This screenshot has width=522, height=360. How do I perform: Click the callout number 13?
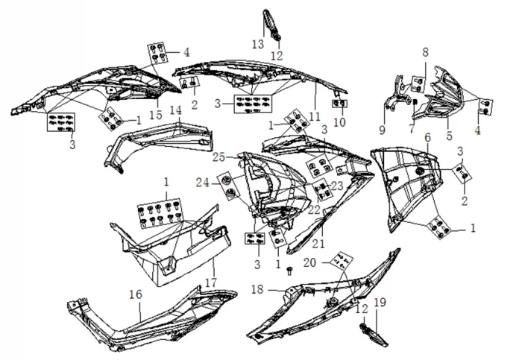tap(257, 45)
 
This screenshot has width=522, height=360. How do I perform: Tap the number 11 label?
tap(315, 116)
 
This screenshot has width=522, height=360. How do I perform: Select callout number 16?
tap(135, 295)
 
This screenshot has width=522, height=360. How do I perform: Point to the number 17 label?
tap(210, 282)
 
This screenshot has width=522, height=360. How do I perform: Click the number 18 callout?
tap(256, 288)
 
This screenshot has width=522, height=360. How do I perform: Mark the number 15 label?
tap(155, 116)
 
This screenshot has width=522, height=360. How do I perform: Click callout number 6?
tap(427, 139)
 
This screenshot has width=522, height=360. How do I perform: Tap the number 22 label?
tap(314, 210)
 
